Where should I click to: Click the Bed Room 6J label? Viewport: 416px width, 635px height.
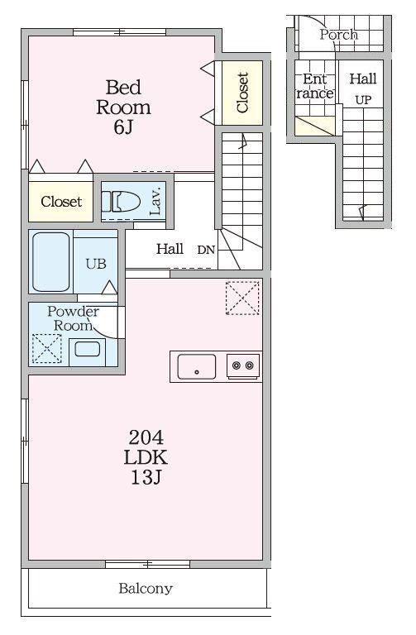click(123, 107)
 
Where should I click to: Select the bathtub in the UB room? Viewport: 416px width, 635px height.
click(51, 261)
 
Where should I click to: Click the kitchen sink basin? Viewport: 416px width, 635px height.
click(197, 366)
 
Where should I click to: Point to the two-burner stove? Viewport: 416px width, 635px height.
click(243, 366)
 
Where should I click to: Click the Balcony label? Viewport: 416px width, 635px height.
click(146, 589)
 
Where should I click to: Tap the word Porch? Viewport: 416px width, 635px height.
click(338, 35)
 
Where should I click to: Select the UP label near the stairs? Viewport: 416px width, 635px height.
click(363, 99)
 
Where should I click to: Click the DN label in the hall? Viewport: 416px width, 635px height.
click(206, 250)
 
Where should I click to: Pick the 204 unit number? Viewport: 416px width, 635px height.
click(146, 437)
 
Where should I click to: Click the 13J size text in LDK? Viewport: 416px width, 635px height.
click(146, 477)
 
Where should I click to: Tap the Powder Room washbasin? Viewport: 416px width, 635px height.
click(87, 351)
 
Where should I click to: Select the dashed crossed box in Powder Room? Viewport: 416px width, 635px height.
click(47, 348)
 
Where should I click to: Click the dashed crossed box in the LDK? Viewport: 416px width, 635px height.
click(242, 298)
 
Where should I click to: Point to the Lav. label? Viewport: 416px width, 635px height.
click(156, 200)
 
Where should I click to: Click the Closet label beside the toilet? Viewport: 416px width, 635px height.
click(61, 201)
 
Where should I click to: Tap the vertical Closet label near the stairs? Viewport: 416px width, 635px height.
click(242, 93)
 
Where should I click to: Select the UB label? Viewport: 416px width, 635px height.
click(96, 264)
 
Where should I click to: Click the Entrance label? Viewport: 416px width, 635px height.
click(315, 86)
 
